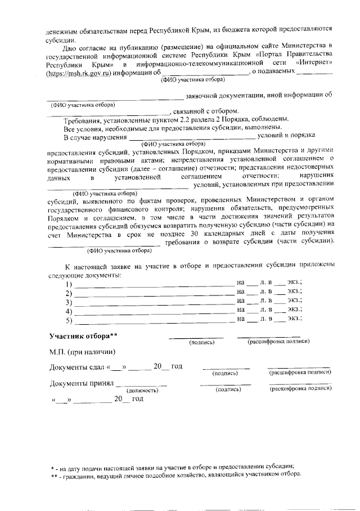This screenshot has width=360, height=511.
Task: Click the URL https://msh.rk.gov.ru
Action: click(80, 73)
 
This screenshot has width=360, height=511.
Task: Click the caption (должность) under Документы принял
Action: click(142, 389)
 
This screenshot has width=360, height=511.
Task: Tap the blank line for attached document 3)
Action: click(155, 302)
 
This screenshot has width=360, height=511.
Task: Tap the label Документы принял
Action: click(81, 384)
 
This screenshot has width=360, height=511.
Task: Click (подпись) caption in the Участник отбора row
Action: click(201, 342)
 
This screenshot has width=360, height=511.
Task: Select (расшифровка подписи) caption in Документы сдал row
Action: click(299, 373)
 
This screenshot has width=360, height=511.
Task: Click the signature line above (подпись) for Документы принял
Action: click(225, 384)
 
